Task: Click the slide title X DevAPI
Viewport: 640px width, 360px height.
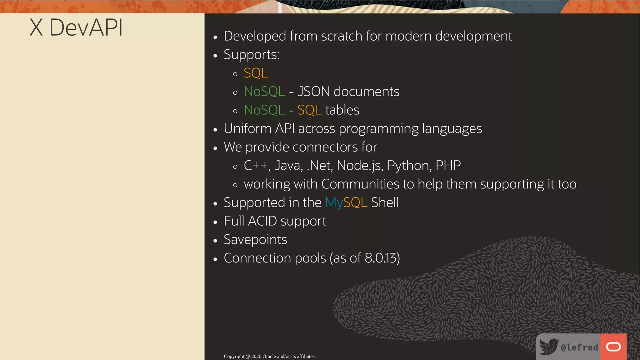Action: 76,27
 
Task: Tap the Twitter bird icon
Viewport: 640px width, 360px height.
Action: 549,346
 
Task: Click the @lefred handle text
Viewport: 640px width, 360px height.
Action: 579,347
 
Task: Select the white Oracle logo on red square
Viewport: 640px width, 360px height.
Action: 613,347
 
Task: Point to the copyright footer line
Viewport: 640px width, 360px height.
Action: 270,356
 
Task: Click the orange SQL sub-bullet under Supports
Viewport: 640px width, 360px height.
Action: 256,73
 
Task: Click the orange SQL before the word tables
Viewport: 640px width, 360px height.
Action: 309,110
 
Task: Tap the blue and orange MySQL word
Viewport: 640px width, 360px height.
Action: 346,202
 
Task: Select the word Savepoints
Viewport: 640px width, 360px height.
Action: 255,240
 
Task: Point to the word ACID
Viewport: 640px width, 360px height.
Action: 262,221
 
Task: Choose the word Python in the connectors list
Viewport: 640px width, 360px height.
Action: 409,166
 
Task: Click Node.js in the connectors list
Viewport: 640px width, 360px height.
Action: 360,166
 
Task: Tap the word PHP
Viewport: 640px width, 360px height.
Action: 448,166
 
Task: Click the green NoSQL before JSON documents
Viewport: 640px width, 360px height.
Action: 264,92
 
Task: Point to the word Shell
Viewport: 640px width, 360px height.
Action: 385,202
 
